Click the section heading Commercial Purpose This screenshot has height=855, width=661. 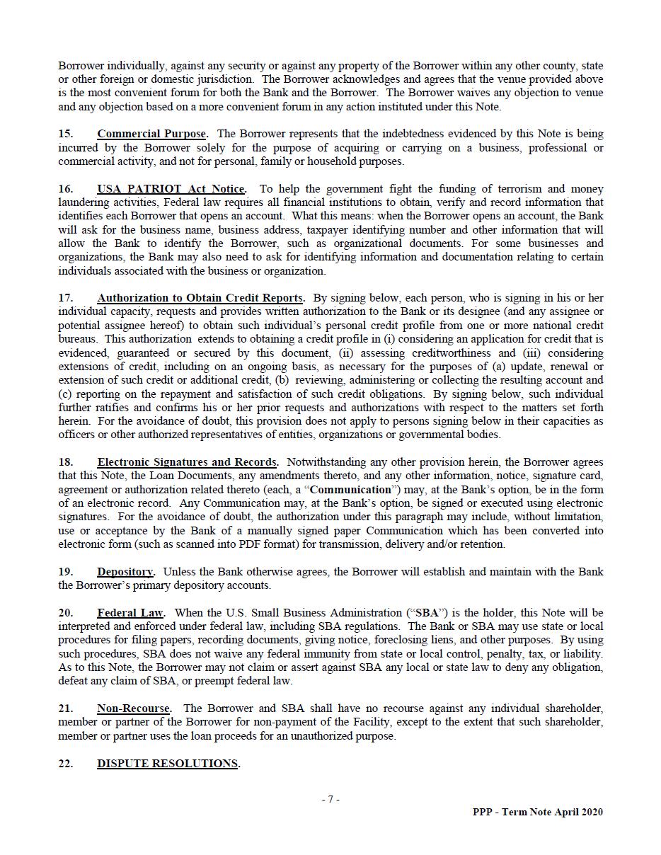[x=151, y=134]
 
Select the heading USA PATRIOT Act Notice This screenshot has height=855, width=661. [x=171, y=189]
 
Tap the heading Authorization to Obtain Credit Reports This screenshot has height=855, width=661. [x=200, y=298]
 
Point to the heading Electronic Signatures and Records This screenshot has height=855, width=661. [x=187, y=462]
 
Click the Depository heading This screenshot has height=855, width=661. [x=125, y=572]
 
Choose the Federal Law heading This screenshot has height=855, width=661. [x=130, y=613]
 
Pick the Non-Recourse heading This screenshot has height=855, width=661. [x=133, y=708]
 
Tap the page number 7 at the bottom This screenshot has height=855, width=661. [x=330, y=800]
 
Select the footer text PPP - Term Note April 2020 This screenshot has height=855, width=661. [x=538, y=813]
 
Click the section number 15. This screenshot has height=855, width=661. [x=65, y=134]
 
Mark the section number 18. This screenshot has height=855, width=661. [x=65, y=462]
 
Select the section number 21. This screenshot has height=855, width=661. [x=65, y=708]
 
